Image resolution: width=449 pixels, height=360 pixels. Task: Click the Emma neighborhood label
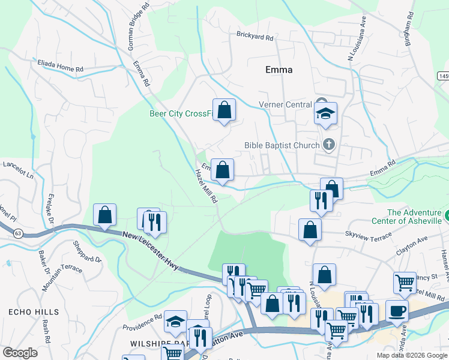[279, 70]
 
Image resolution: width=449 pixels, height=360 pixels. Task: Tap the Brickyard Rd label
[255, 37]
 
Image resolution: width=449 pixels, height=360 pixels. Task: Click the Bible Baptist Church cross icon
[328, 144]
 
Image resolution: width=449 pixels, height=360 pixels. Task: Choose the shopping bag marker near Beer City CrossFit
[224, 110]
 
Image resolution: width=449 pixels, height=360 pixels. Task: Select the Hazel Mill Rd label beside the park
[205, 186]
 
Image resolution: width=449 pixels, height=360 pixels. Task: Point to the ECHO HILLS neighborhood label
[34, 312]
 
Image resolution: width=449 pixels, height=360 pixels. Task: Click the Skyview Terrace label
[367, 238]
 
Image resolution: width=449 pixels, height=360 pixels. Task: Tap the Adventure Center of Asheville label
[414, 217]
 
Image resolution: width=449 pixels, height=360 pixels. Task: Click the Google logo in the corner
[20, 353]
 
